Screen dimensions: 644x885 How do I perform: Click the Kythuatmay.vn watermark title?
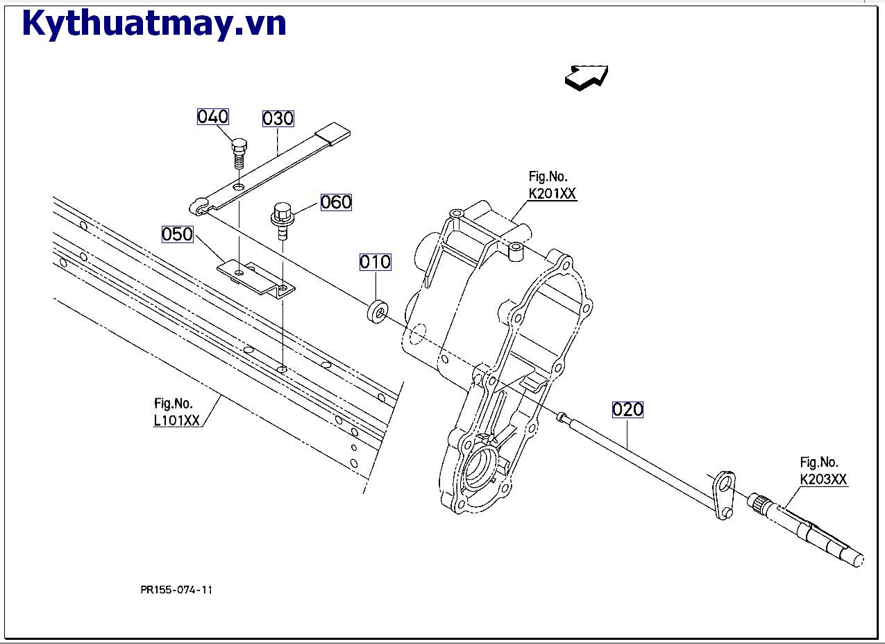(154, 24)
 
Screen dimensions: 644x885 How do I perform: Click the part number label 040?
(212, 117)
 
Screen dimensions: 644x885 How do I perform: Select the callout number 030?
(278, 119)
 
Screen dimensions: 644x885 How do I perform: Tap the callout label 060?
(336, 202)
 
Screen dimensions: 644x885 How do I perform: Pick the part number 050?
(177, 235)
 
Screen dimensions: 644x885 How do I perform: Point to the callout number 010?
(375, 262)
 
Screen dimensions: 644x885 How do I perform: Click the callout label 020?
(627, 410)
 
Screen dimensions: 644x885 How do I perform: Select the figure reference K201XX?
(552, 194)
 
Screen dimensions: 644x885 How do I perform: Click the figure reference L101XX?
(177, 420)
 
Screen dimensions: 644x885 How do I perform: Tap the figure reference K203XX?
(823, 479)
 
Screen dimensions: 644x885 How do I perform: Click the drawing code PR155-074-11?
(176, 590)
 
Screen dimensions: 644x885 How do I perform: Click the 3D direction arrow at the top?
(587, 76)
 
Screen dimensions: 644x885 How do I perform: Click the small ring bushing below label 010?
(377, 311)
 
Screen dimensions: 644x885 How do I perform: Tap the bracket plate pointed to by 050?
(255, 277)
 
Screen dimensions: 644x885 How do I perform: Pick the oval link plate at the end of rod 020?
(723, 495)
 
